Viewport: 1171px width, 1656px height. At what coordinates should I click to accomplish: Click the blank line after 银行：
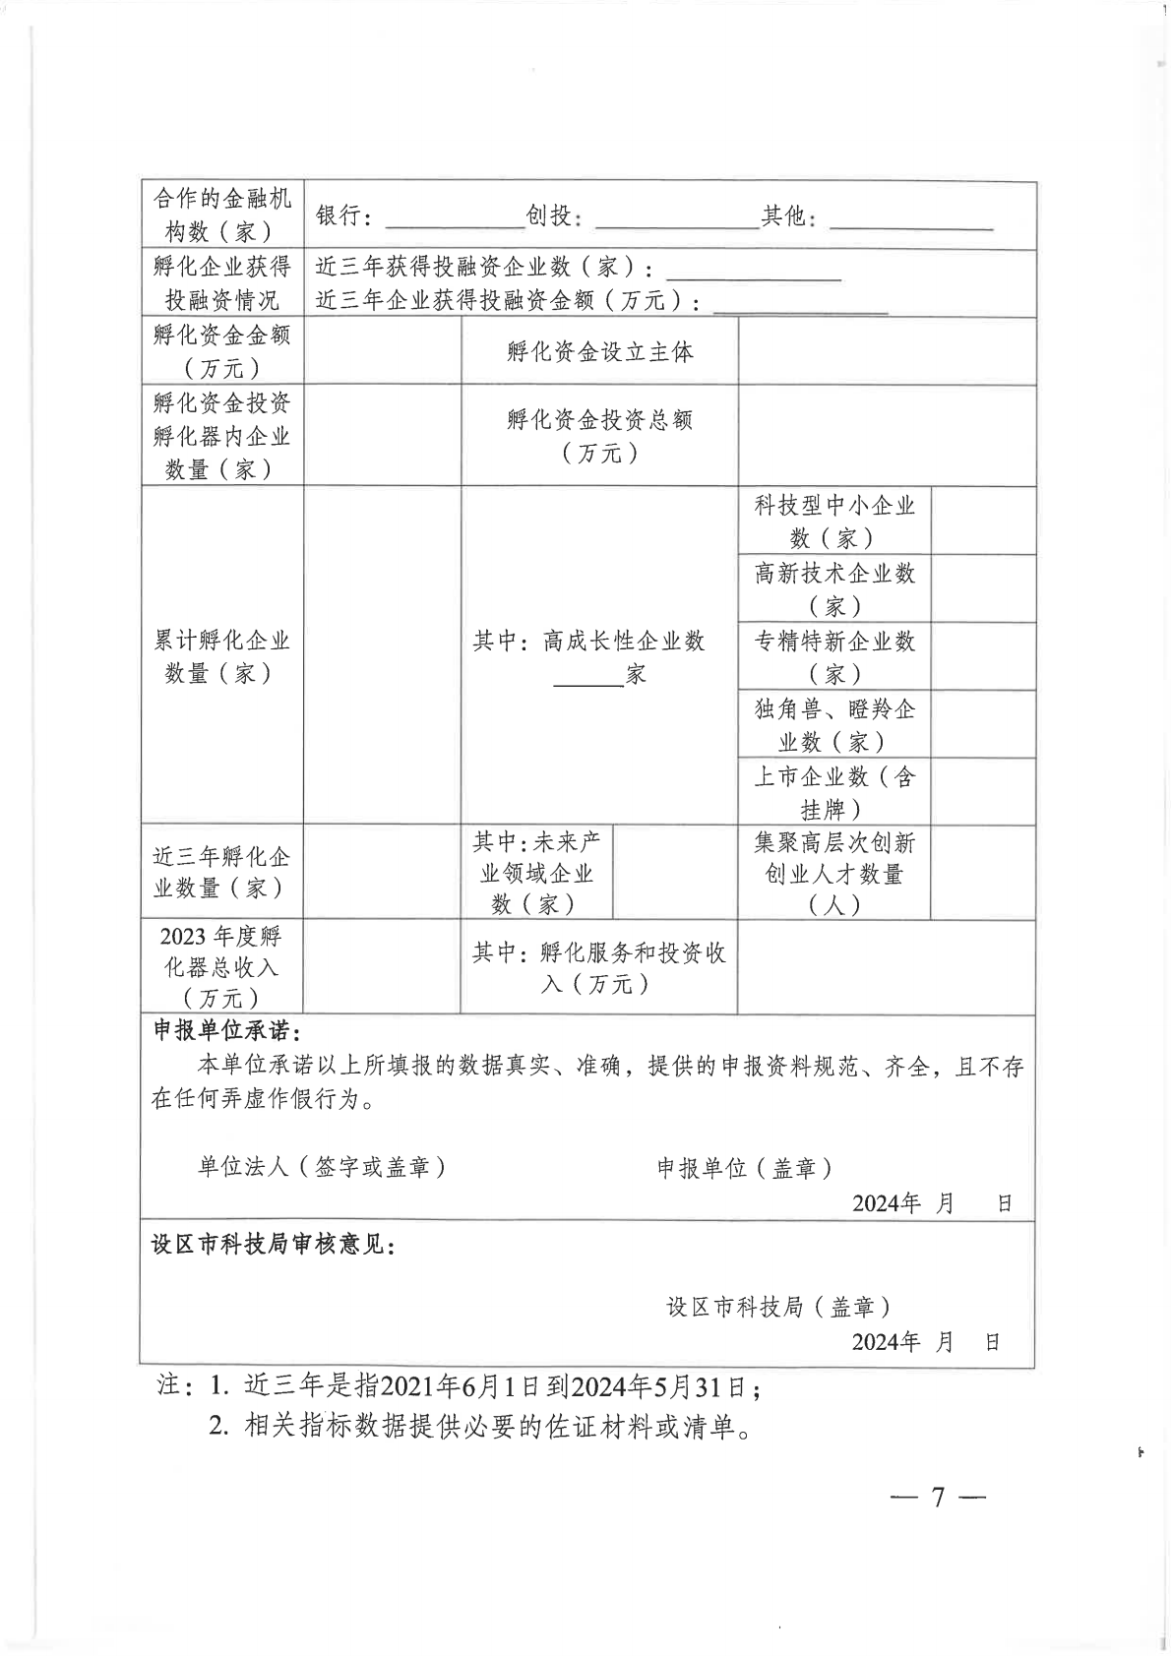tap(447, 221)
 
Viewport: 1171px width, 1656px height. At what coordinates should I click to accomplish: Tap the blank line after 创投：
tap(674, 221)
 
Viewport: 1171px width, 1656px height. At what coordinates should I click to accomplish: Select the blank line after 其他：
tap(911, 221)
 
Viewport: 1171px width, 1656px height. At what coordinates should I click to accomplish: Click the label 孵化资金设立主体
tap(599, 351)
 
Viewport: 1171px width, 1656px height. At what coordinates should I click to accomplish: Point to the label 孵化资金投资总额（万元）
tap(599, 436)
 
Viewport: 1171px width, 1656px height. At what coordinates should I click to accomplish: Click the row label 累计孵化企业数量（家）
tap(221, 656)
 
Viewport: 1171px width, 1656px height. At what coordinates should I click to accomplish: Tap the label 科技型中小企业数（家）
tap(833, 521)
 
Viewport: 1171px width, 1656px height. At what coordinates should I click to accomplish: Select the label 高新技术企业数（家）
tap(833, 588)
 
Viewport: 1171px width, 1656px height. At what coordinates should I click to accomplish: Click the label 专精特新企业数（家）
tap(833, 656)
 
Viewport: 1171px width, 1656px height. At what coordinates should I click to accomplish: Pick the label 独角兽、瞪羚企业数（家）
tap(833, 724)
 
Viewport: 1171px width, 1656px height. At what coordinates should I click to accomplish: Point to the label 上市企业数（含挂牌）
tap(833, 792)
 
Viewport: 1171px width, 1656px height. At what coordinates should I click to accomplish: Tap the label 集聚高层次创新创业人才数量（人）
tap(833, 873)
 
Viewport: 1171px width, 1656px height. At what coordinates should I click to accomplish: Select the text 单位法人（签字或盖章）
tap(323, 1167)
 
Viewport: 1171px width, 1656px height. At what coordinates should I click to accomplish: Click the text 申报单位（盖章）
tap(745, 1167)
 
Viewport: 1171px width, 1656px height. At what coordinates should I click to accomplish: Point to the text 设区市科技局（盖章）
tap(778, 1307)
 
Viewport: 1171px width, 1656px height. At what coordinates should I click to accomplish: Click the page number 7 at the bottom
tap(938, 1498)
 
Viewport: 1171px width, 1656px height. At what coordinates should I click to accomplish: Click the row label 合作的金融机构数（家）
tap(221, 215)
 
